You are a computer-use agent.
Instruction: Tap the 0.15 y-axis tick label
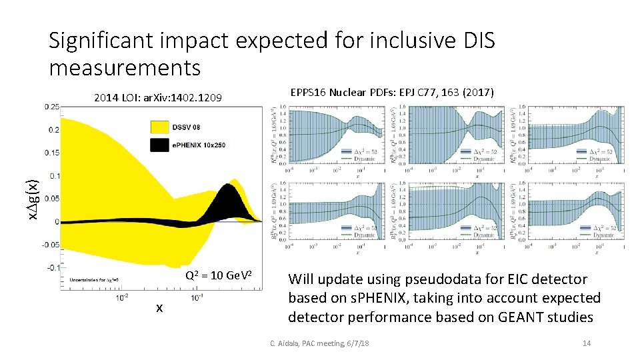[x=51, y=153]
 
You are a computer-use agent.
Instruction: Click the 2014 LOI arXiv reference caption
[x=157, y=99]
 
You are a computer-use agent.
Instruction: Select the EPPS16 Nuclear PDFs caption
[x=392, y=92]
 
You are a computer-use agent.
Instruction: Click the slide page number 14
[x=587, y=343]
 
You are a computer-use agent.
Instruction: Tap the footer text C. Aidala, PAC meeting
[x=319, y=343]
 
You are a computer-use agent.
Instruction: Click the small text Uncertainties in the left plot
[x=85, y=280]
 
